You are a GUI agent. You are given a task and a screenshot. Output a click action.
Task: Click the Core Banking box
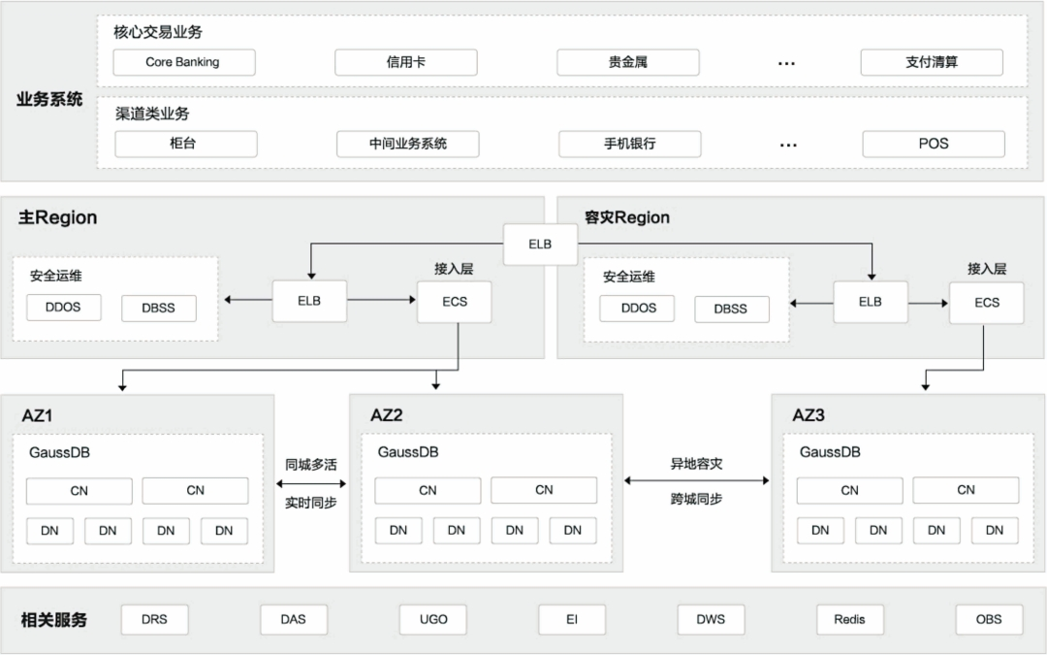point(183,62)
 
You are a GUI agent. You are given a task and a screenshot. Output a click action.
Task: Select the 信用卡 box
point(405,62)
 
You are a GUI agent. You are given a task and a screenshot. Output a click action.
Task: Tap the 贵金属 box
point(627,62)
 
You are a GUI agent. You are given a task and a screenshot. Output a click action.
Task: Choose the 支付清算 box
point(931,62)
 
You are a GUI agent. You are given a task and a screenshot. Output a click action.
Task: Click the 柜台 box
point(185,144)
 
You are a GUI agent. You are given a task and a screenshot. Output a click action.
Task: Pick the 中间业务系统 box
point(407,144)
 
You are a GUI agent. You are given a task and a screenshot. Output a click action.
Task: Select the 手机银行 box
point(629,144)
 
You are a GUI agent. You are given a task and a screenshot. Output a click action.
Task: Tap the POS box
point(933,144)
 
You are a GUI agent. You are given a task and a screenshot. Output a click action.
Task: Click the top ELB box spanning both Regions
point(540,245)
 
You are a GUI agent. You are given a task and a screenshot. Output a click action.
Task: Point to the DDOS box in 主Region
point(64,308)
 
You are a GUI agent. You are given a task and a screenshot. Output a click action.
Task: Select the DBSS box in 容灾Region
point(731,309)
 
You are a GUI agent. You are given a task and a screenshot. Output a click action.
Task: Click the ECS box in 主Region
point(454,302)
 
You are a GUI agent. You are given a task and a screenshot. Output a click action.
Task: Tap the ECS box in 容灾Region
point(986,303)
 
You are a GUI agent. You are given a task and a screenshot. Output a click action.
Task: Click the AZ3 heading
point(808,415)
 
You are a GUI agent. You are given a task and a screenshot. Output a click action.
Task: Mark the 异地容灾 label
point(696,464)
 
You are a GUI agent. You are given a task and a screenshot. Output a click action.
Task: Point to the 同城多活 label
point(310,465)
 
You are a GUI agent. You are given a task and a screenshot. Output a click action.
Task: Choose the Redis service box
point(849,619)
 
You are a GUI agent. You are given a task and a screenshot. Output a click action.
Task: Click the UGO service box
point(433,619)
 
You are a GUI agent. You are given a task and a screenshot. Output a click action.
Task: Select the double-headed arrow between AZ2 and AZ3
point(696,480)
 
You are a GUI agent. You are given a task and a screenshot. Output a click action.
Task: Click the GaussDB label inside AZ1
point(59,452)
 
